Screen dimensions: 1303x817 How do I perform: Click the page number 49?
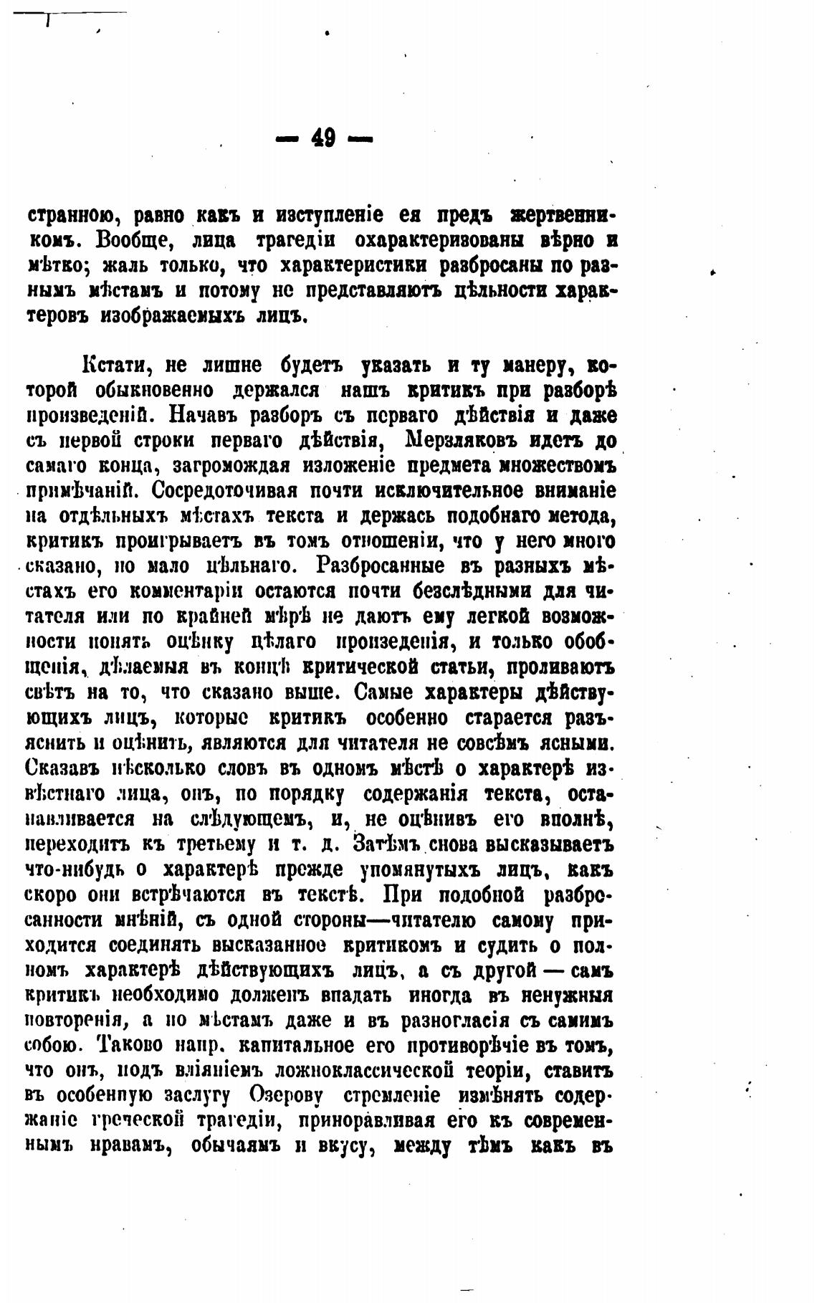tap(324, 136)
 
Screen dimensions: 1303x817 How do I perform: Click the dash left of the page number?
tap(288, 137)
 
